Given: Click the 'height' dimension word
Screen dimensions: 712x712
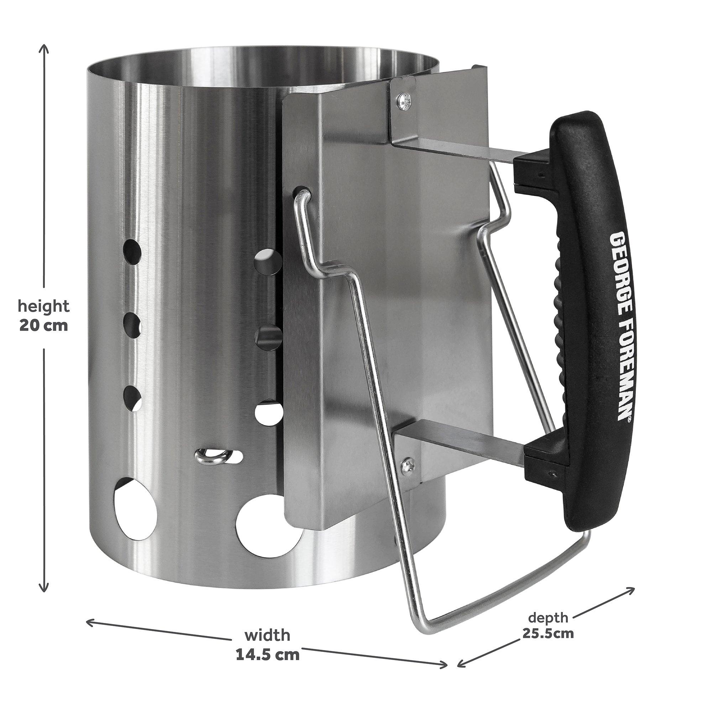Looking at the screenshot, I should [x=44, y=306].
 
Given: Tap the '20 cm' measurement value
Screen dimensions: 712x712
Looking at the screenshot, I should [x=44, y=325].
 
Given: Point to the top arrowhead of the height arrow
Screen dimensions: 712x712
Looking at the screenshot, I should [x=44, y=47].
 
